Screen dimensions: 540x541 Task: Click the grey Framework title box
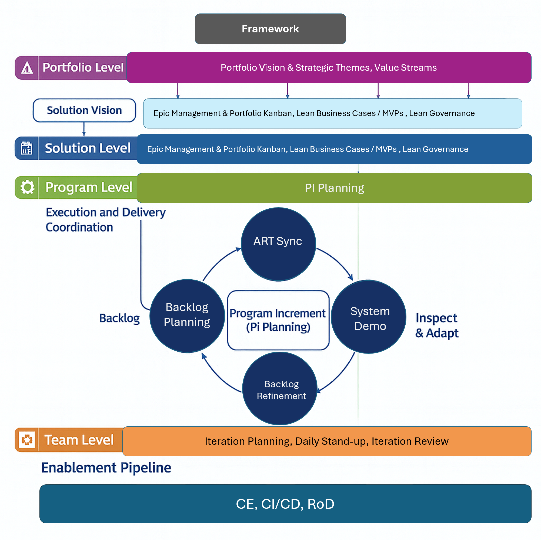270,29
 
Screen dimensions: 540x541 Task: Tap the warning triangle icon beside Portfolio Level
27,68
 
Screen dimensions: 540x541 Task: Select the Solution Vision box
84,110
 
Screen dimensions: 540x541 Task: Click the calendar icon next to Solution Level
26,148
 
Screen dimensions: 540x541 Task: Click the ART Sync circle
278,244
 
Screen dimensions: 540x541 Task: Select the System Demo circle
368,317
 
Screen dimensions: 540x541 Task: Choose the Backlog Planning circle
187,316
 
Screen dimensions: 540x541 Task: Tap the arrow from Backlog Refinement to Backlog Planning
218,376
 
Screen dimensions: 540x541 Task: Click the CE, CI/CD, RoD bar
285,504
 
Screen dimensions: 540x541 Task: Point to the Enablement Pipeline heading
106,468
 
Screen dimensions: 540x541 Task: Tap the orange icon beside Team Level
27,440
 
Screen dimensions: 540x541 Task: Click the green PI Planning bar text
334,188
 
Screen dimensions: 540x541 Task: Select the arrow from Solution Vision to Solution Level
84,129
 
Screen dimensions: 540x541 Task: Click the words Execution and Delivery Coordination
106,220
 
